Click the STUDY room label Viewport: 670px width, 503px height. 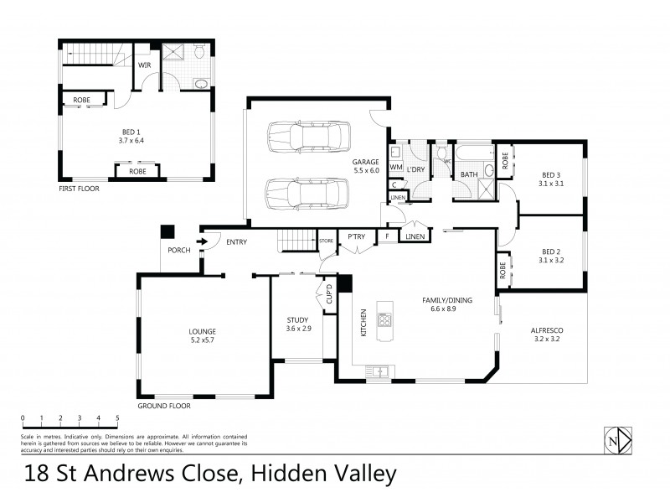[x=298, y=319]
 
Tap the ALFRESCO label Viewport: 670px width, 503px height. [x=547, y=331]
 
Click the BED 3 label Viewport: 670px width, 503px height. [x=550, y=175]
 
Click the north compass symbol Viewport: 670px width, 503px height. [x=616, y=440]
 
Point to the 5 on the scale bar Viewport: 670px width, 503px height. [x=118, y=417]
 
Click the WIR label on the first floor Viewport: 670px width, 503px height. [x=144, y=64]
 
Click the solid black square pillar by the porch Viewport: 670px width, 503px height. [x=167, y=231]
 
